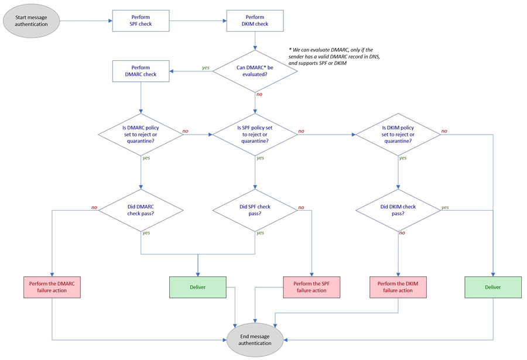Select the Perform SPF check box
pos(141,21)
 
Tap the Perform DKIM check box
pos(255,21)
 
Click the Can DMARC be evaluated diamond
pos(255,71)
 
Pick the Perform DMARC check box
pos(141,71)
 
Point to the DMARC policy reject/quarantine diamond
pos(141,134)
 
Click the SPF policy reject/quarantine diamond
pos(255,134)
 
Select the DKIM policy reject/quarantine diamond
pos(398,134)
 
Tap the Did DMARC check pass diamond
pos(141,210)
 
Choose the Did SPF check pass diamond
pos(255,210)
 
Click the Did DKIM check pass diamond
pos(398,210)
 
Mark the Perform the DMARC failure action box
pos(53,287)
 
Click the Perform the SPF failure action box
pos(312,287)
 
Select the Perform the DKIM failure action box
pos(398,287)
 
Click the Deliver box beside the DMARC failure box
pos(198,287)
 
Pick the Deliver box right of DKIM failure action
pos(493,287)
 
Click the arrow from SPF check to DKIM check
pos(197,21)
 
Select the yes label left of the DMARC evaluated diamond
pos(206,68)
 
